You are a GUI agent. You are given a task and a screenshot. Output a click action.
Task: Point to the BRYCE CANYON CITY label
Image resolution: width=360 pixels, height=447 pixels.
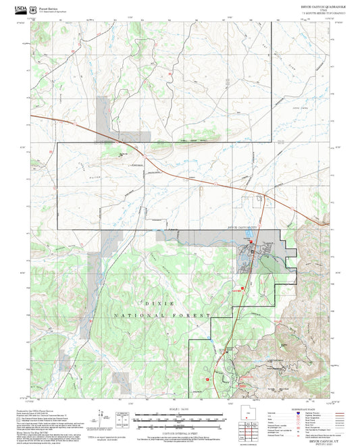(x=244, y=228)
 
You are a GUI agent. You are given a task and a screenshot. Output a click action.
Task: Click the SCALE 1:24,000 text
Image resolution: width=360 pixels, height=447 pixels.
(x=179, y=409)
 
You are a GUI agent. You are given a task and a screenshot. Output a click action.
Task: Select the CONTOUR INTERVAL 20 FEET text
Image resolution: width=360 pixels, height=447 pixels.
(x=179, y=432)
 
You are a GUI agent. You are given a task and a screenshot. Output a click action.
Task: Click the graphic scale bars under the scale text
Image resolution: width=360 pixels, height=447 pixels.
(x=179, y=419)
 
